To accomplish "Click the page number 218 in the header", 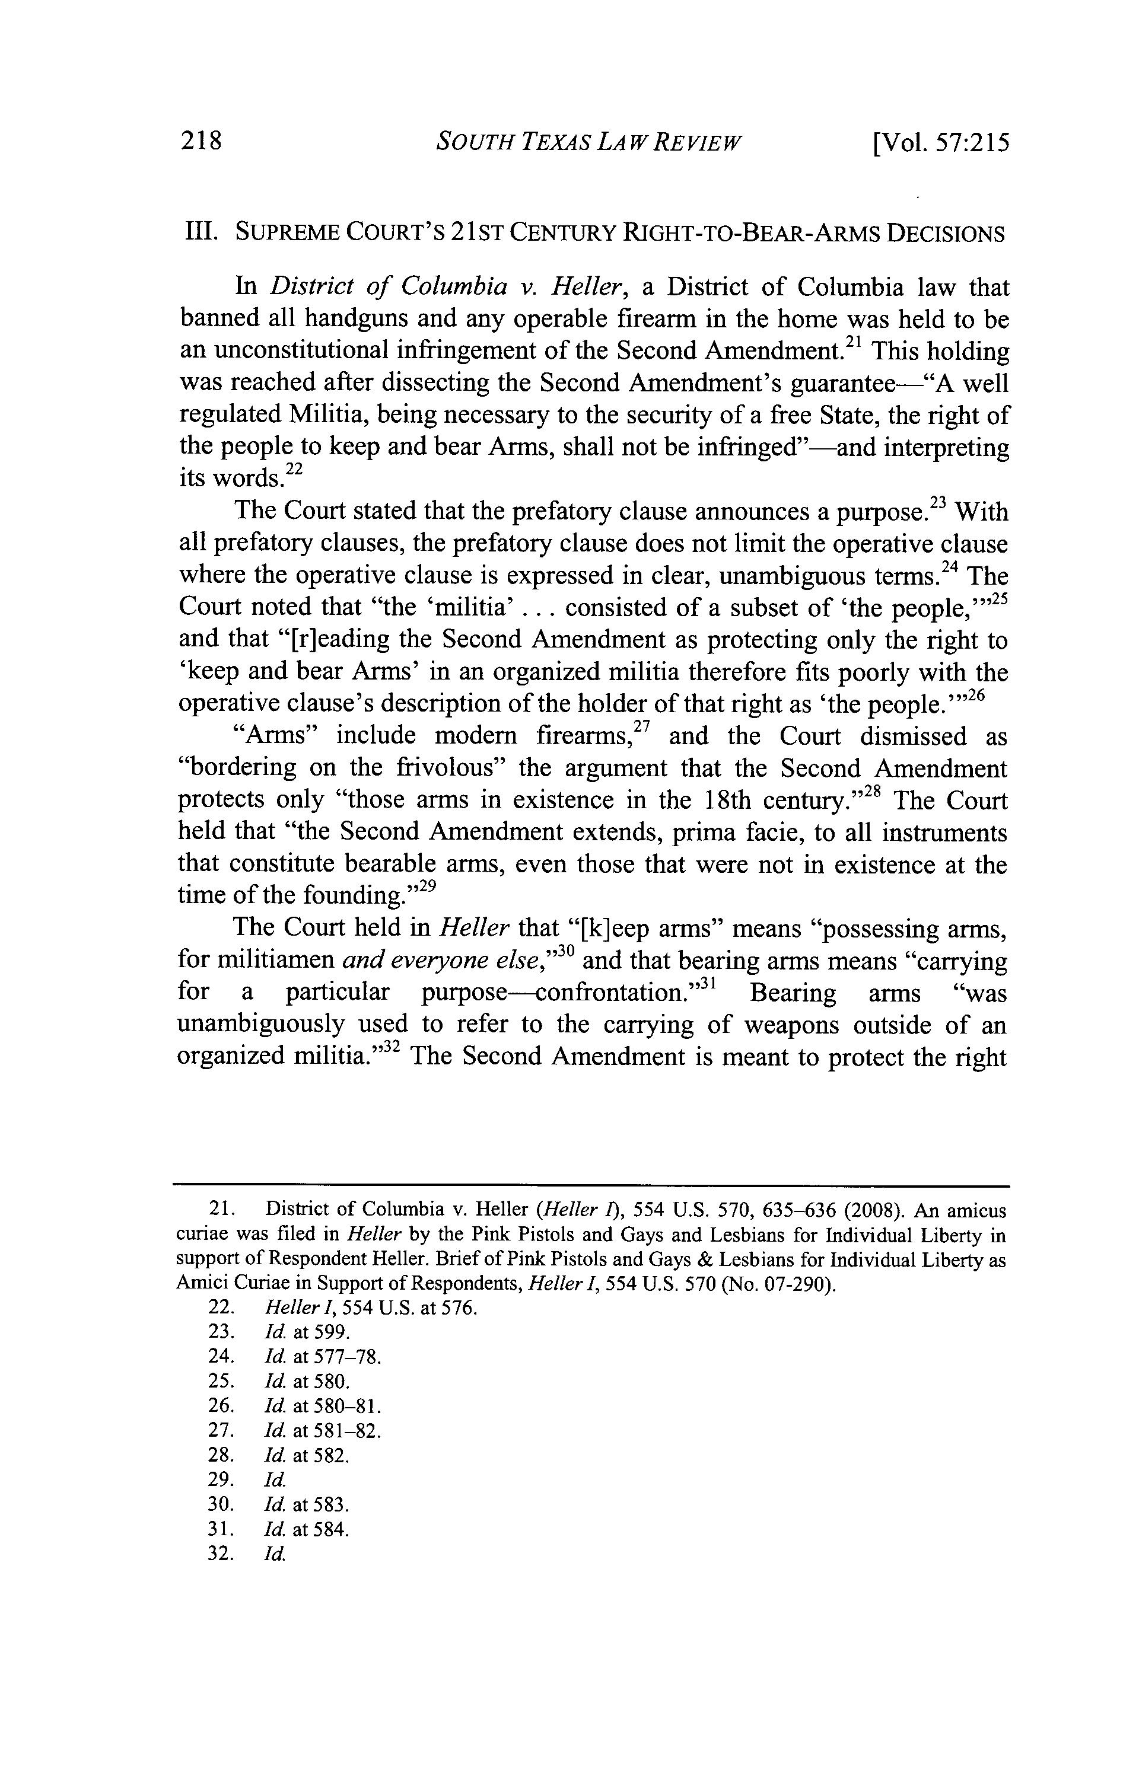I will pyautogui.click(x=201, y=141).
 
